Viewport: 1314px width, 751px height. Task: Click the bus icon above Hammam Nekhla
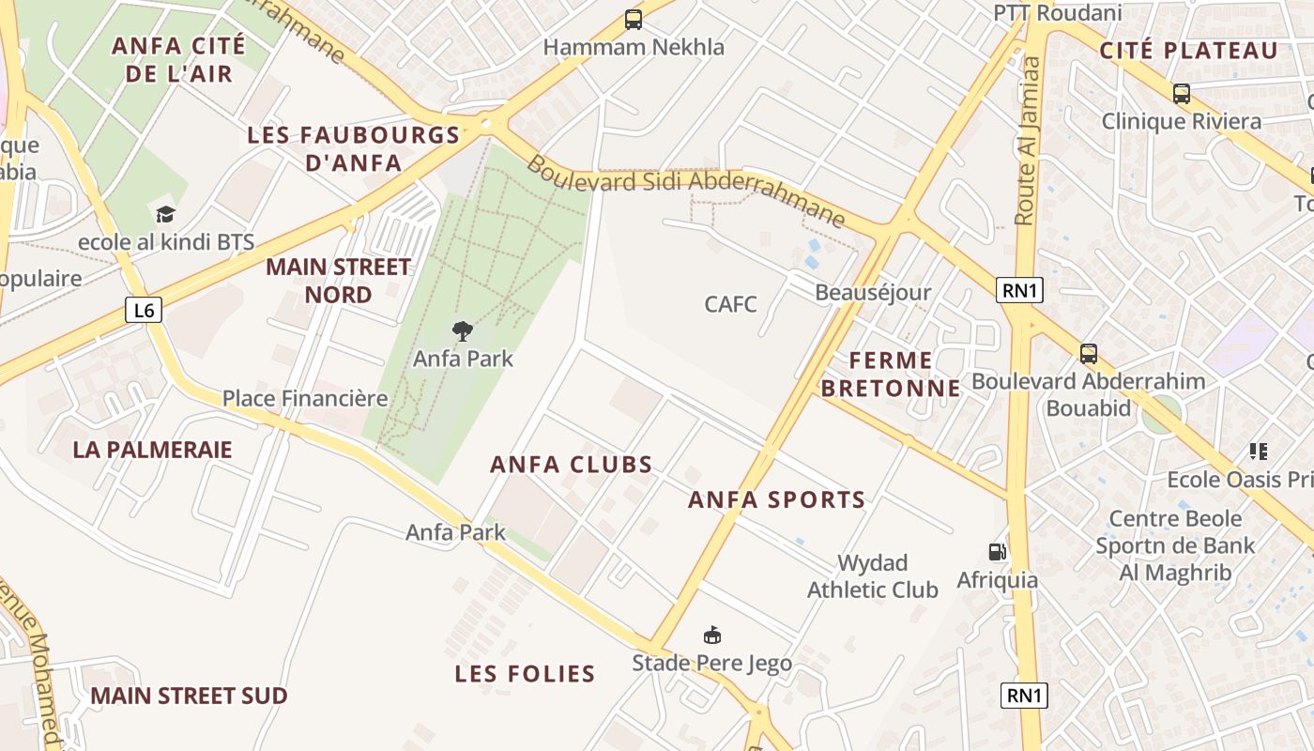click(634, 20)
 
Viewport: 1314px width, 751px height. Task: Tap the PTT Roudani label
click(1058, 13)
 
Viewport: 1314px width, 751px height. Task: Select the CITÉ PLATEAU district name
click(1189, 51)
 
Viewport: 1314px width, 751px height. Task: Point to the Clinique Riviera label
click(1181, 121)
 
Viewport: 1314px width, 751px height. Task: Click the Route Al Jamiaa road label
click(1029, 141)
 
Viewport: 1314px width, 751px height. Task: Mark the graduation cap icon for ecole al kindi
click(166, 215)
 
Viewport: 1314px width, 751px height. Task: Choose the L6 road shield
click(144, 310)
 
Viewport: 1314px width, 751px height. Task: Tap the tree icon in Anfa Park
click(462, 330)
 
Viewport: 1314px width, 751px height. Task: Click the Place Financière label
click(305, 398)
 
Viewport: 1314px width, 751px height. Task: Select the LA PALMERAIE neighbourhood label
click(152, 450)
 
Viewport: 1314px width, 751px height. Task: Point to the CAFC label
click(730, 304)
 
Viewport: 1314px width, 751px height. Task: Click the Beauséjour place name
click(873, 292)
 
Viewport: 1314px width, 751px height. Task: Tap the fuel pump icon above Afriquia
click(997, 552)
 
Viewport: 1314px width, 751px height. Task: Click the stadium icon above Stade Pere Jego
click(712, 636)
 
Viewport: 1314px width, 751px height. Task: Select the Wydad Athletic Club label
click(873, 576)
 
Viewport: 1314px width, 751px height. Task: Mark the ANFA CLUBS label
click(572, 465)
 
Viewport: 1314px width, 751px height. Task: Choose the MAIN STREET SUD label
click(189, 696)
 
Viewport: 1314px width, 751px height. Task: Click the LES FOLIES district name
click(525, 674)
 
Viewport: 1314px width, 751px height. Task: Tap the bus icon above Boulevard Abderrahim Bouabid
click(1089, 354)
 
